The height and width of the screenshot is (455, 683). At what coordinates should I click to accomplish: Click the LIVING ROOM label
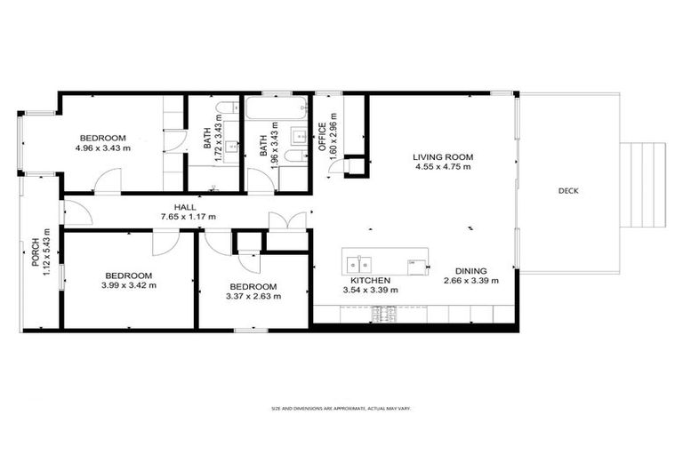coord(442,157)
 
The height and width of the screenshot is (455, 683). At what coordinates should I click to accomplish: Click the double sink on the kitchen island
coord(358,264)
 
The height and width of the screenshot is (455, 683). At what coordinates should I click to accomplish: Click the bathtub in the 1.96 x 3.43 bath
coord(275,109)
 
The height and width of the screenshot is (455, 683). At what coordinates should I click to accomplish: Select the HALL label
coord(185,207)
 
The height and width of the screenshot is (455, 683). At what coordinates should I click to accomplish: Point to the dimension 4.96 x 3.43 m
coord(102,148)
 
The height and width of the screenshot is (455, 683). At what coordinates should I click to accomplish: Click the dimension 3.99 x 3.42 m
coord(128,285)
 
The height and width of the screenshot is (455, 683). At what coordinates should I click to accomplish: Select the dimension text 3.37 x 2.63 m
coord(253,297)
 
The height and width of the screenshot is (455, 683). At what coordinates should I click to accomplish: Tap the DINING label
coord(470,271)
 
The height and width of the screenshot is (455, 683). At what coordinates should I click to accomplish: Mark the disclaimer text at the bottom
coord(341,409)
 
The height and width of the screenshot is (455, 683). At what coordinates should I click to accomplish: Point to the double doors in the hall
coord(289,220)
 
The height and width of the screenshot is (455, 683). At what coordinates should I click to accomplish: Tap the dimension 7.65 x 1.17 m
coord(188,217)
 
